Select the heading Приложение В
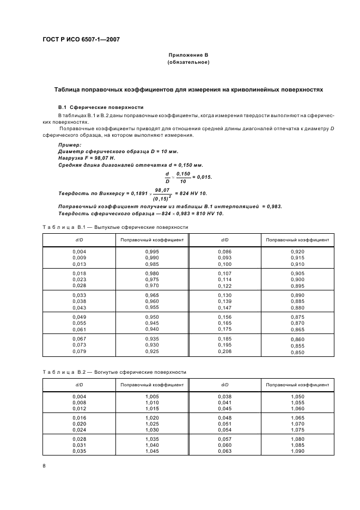(188, 55)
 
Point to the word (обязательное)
(188, 62)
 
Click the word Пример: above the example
(70, 145)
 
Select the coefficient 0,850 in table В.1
(297, 352)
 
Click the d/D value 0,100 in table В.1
(225, 264)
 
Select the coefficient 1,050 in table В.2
(297, 396)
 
